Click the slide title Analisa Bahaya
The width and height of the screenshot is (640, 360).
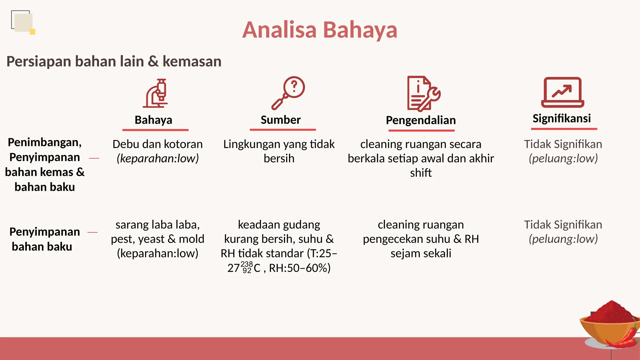319,30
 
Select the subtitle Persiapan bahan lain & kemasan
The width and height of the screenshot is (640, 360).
114,61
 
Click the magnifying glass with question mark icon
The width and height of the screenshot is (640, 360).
288,92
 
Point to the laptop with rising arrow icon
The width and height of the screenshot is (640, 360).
562,92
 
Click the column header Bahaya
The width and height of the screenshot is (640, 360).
153,120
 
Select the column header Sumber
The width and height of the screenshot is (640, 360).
281,120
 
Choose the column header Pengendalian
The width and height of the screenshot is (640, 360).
421,120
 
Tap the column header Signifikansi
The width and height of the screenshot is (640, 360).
562,118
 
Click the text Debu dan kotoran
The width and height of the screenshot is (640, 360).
157,144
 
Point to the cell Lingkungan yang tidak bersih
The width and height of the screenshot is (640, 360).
279,151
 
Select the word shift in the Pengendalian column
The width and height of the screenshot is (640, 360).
421,173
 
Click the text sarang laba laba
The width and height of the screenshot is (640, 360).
157,225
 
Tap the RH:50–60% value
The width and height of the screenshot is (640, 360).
300,268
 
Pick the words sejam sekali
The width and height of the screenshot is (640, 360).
421,253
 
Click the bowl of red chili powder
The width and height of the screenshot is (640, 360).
609,323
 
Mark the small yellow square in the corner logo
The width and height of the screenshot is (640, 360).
32,32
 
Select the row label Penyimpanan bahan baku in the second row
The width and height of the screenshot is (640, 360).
45,239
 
